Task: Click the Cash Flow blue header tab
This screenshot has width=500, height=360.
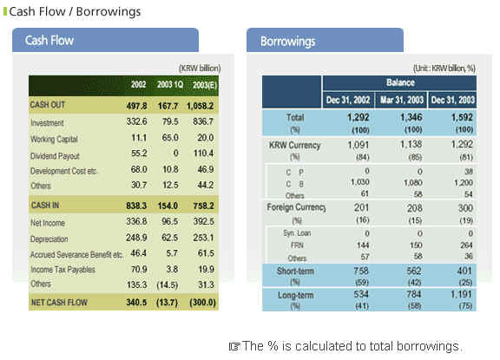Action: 105,40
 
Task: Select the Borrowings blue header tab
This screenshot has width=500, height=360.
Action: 325,41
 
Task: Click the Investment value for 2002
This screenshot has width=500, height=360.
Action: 137,121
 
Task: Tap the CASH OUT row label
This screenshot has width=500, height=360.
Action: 48,105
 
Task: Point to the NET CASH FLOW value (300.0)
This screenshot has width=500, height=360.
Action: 202,303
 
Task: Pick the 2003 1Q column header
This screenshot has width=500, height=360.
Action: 170,85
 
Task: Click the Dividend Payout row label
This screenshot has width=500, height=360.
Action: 55,156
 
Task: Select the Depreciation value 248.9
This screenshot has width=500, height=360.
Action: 136,238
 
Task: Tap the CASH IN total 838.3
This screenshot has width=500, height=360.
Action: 136,206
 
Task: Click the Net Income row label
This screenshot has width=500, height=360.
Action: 48,223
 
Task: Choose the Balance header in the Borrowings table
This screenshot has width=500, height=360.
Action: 400,82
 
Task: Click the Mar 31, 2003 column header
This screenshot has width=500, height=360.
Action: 401,100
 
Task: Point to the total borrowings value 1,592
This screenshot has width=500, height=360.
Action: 462,118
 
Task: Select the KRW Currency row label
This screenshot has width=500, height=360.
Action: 294,145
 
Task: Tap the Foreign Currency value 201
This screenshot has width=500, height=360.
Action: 361,207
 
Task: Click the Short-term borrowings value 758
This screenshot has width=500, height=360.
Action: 361,271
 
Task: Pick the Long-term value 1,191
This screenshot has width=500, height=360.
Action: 461,294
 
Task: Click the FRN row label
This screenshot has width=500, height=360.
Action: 297,245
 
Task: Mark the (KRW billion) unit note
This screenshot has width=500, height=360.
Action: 200,69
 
